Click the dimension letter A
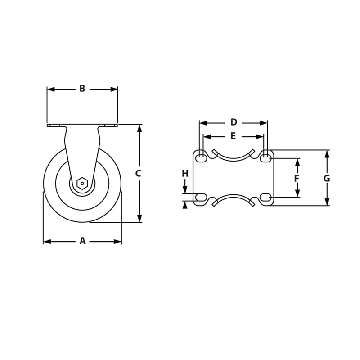point(82,241)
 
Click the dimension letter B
point(82,89)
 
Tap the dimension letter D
point(234,122)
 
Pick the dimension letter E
point(233,136)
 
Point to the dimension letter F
point(297,179)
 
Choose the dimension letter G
point(327,179)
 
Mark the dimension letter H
point(185,174)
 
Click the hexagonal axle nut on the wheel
point(82,183)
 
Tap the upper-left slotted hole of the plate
point(201,157)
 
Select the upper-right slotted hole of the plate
point(266,157)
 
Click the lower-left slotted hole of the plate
point(201,197)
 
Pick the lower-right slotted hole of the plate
point(266,197)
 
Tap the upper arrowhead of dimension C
point(139,128)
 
